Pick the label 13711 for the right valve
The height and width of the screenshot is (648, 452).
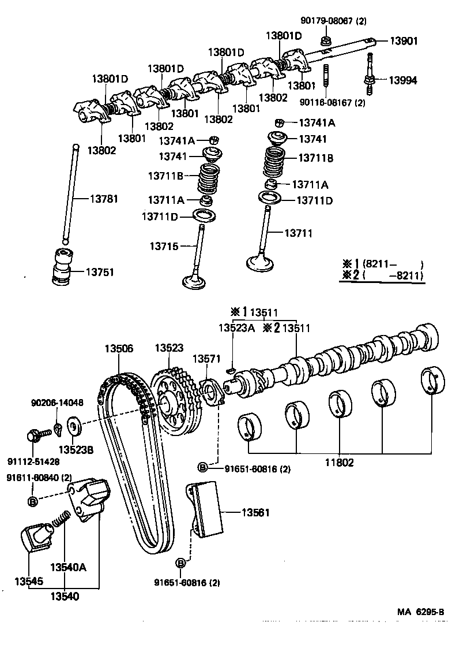(x=298, y=233)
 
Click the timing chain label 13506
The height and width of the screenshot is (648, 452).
(x=119, y=348)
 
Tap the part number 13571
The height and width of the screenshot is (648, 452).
(x=206, y=359)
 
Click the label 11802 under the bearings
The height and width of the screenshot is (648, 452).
(x=338, y=462)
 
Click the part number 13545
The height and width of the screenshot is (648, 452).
(x=28, y=580)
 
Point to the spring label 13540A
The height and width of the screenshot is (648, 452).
(x=68, y=567)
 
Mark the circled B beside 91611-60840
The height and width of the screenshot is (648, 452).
(x=32, y=501)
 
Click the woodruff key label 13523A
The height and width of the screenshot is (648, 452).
(x=236, y=328)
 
